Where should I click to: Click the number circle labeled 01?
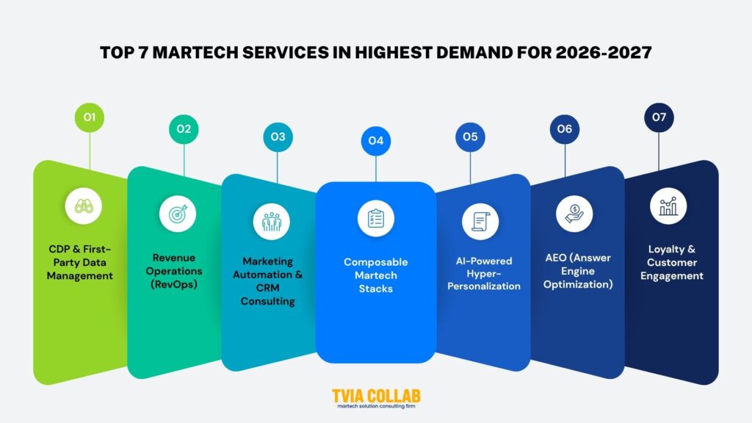point(90,117)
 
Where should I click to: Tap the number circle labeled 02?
point(184,129)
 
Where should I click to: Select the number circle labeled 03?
point(278,137)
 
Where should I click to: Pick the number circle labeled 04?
point(375,140)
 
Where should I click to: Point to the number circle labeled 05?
point(470,137)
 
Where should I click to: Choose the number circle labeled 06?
point(564,129)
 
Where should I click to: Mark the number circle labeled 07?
point(659,117)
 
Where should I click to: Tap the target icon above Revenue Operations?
point(178,214)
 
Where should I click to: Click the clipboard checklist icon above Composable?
point(375,219)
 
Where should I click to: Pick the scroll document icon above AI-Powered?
point(480,220)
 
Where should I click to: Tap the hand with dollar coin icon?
point(574,214)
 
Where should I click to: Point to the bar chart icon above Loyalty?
point(668,206)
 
